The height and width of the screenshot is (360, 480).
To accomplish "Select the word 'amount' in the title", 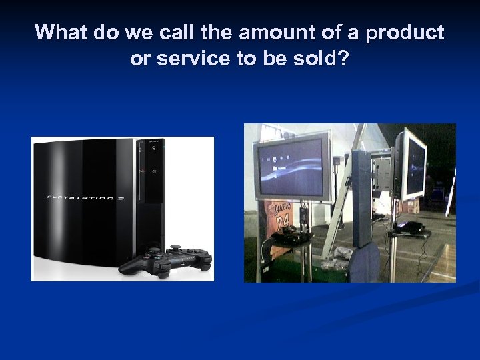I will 253,33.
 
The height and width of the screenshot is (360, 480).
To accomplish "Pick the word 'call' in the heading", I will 158,33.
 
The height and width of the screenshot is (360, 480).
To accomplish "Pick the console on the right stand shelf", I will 412,228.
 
